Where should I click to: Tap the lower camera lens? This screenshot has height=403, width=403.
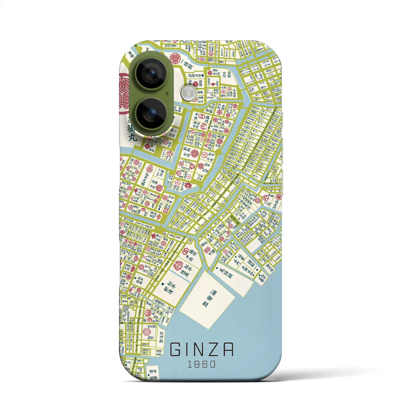[152, 113]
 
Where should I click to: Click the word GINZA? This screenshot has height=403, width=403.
[202, 349]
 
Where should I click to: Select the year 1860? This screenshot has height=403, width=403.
[202, 364]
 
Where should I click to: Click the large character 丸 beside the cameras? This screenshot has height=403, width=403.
[132, 138]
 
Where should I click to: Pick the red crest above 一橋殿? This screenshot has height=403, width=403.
[175, 58]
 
